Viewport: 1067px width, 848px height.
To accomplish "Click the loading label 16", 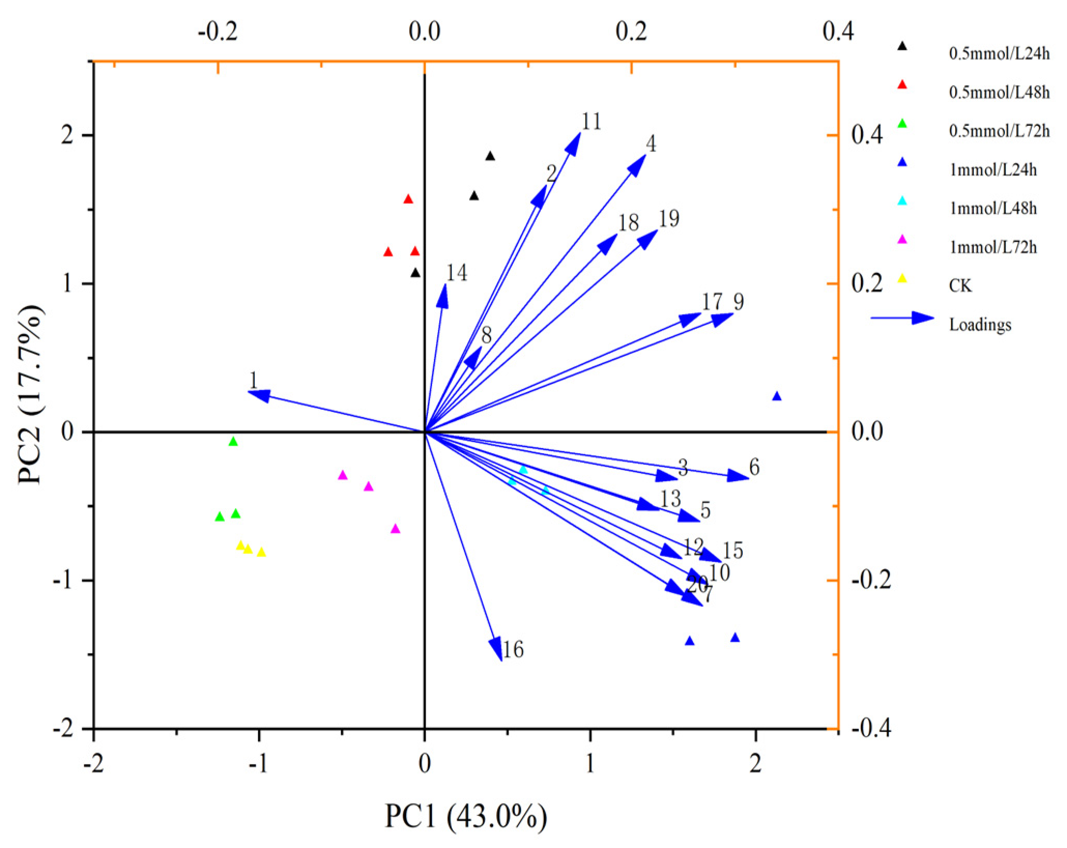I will (513, 650).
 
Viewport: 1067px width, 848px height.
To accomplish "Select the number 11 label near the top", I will (591, 122).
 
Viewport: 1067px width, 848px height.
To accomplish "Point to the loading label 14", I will (457, 273).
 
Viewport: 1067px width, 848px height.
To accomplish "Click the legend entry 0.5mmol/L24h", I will (999, 54).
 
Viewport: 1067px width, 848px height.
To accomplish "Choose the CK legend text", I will (960, 286).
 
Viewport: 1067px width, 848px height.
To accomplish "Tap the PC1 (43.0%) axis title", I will (466, 816).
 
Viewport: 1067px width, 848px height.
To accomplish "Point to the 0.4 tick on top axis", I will (838, 31).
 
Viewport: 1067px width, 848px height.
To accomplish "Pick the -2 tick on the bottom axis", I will (94, 764).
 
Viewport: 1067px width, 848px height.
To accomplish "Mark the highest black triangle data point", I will (490, 156).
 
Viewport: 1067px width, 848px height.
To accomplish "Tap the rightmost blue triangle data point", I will (776, 396).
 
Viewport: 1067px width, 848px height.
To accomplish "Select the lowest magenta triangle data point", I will (395, 529).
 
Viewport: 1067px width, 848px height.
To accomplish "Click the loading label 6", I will (754, 467).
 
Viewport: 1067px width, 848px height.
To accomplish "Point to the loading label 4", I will (651, 144).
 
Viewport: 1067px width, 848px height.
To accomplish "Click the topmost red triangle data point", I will (408, 199).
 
